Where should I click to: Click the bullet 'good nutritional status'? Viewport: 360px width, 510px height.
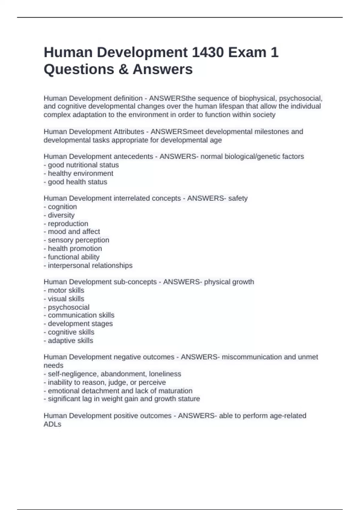click(83, 165)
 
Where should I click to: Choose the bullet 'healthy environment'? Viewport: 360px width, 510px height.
click(80, 173)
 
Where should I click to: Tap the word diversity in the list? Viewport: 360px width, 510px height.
click(61, 215)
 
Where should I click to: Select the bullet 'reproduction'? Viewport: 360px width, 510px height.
click(68, 223)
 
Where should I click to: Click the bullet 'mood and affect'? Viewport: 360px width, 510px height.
click(74, 232)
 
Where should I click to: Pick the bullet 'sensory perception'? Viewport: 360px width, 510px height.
click(78, 240)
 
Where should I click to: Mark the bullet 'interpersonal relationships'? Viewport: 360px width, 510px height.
click(90, 265)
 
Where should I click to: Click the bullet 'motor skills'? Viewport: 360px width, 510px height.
click(66, 290)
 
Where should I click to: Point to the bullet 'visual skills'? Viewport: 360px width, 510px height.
click(66, 299)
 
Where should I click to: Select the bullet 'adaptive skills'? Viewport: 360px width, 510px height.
click(70, 341)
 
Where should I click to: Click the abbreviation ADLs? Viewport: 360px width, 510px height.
click(52, 424)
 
